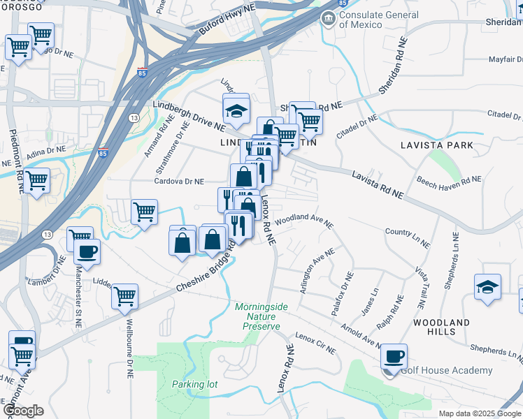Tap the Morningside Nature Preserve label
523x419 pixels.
(x=257, y=316)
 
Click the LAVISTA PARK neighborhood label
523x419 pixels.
(x=437, y=145)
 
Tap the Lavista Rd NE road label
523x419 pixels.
(x=377, y=184)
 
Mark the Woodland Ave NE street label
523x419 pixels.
(x=303, y=221)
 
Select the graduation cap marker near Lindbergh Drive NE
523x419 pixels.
(x=236, y=110)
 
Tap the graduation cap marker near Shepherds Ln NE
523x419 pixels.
(x=487, y=286)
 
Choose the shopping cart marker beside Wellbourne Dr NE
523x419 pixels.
(x=125, y=296)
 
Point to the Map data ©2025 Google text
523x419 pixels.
(x=479, y=413)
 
